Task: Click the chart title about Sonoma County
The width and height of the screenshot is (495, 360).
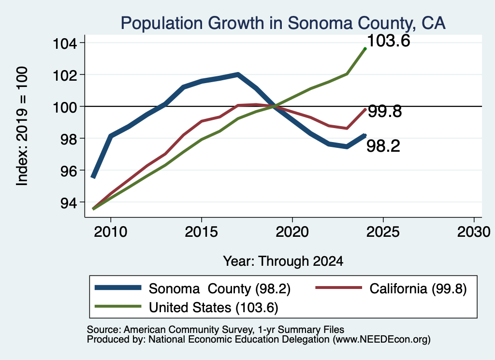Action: (283, 23)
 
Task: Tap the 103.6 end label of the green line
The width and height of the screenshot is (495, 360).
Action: (389, 41)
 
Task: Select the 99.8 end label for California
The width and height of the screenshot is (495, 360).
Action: (385, 111)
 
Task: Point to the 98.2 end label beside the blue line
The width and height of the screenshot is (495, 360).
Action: (383, 146)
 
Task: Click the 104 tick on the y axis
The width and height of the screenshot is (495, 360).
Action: (65, 43)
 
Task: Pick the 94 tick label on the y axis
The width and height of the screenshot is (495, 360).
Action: (69, 203)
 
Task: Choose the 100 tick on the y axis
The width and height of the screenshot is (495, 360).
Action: (65, 107)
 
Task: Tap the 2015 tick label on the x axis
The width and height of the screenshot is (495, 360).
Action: (201, 232)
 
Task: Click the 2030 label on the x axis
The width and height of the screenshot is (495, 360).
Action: (474, 232)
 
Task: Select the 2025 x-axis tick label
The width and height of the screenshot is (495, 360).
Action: (383, 232)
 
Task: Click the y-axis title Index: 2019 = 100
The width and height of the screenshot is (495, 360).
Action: (22, 126)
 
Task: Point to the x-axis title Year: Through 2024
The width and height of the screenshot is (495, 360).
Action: (283, 261)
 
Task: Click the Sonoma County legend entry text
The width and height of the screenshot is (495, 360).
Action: (219, 288)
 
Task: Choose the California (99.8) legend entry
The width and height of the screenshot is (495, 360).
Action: (418, 288)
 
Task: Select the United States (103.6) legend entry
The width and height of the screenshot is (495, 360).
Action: (213, 308)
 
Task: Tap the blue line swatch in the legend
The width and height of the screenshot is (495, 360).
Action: (118, 288)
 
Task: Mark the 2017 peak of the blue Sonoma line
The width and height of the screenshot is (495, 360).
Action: (238, 74)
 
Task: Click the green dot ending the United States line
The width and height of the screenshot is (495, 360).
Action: (365, 49)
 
